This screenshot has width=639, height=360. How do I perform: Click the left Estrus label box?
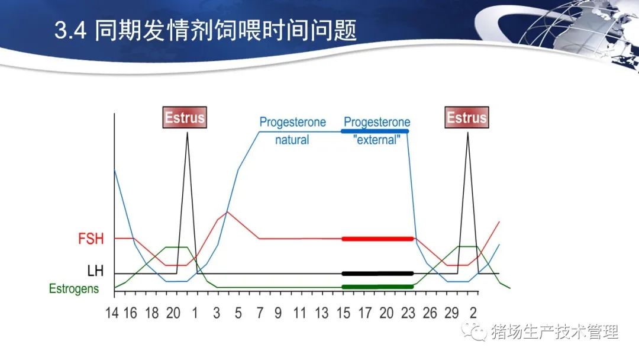point(185,117)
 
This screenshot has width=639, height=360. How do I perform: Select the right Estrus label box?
point(467,117)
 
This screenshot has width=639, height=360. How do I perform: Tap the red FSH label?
point(91,239)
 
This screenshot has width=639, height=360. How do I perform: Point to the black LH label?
point(95,271)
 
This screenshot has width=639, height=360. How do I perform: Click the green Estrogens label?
point(74,289)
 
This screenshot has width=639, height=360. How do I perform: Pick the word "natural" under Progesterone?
point(292,140)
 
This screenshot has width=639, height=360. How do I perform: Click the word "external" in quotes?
point(376,140)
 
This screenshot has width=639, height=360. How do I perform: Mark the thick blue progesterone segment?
point(375,131)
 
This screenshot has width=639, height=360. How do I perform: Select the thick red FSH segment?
point(377,239)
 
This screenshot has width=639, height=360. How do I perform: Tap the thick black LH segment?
point(377,274)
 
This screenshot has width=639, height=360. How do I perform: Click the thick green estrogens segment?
point(377,287)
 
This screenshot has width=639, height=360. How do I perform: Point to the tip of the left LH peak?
point(187,133)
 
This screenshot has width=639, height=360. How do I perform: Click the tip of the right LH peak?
point(467,133)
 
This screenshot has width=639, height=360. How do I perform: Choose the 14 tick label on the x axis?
point(112,313)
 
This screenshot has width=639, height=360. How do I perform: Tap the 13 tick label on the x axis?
point(321,313)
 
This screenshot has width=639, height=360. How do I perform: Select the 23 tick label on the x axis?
point(408,313)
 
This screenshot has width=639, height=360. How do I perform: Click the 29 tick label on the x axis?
point(451,313)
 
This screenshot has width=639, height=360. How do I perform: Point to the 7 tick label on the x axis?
point(260,313)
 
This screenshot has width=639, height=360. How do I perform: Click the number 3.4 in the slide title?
point(70,31)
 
